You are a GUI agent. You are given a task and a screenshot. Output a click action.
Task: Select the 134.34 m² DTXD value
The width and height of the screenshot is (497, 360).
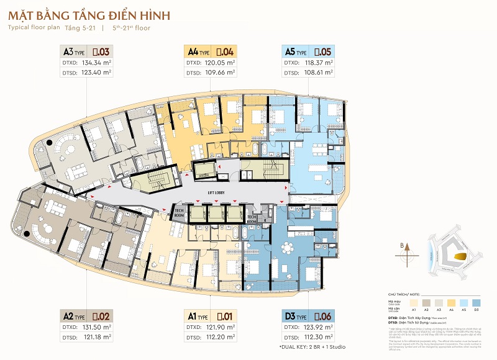coord(94,63)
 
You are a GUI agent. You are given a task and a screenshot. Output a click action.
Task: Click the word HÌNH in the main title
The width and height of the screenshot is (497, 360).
coord(145,14)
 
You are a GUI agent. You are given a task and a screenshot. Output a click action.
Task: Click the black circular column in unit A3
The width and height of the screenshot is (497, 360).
coord(47,145)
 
